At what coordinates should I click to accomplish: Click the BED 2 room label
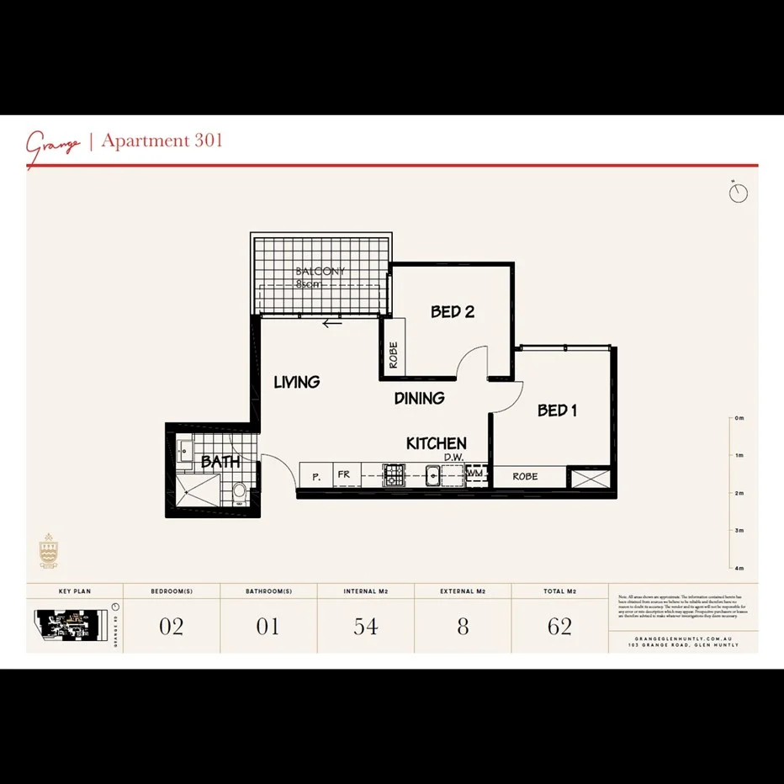coord(453,312)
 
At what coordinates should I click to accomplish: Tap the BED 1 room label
coord(557,411)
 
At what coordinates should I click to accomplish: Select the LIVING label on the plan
coord(297,382)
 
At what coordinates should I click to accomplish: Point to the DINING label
coord(419,399)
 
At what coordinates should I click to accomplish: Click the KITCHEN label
coord(436,443)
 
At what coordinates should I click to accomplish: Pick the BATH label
coord(220,462)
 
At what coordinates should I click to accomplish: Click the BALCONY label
coord(320,272)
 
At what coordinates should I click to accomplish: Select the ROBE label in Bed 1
coord(525,477)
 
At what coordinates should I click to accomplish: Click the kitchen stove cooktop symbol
coord(394,476)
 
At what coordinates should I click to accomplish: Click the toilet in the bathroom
coord(240,490)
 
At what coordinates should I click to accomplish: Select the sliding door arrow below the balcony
coord(332,322)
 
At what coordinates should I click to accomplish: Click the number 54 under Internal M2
coord(365,627)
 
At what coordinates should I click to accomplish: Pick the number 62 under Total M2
coord(559,627)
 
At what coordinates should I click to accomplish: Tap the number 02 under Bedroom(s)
coord(171,627)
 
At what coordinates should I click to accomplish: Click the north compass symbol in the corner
coord(739,193)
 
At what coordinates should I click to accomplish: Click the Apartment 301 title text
coord(162,140)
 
